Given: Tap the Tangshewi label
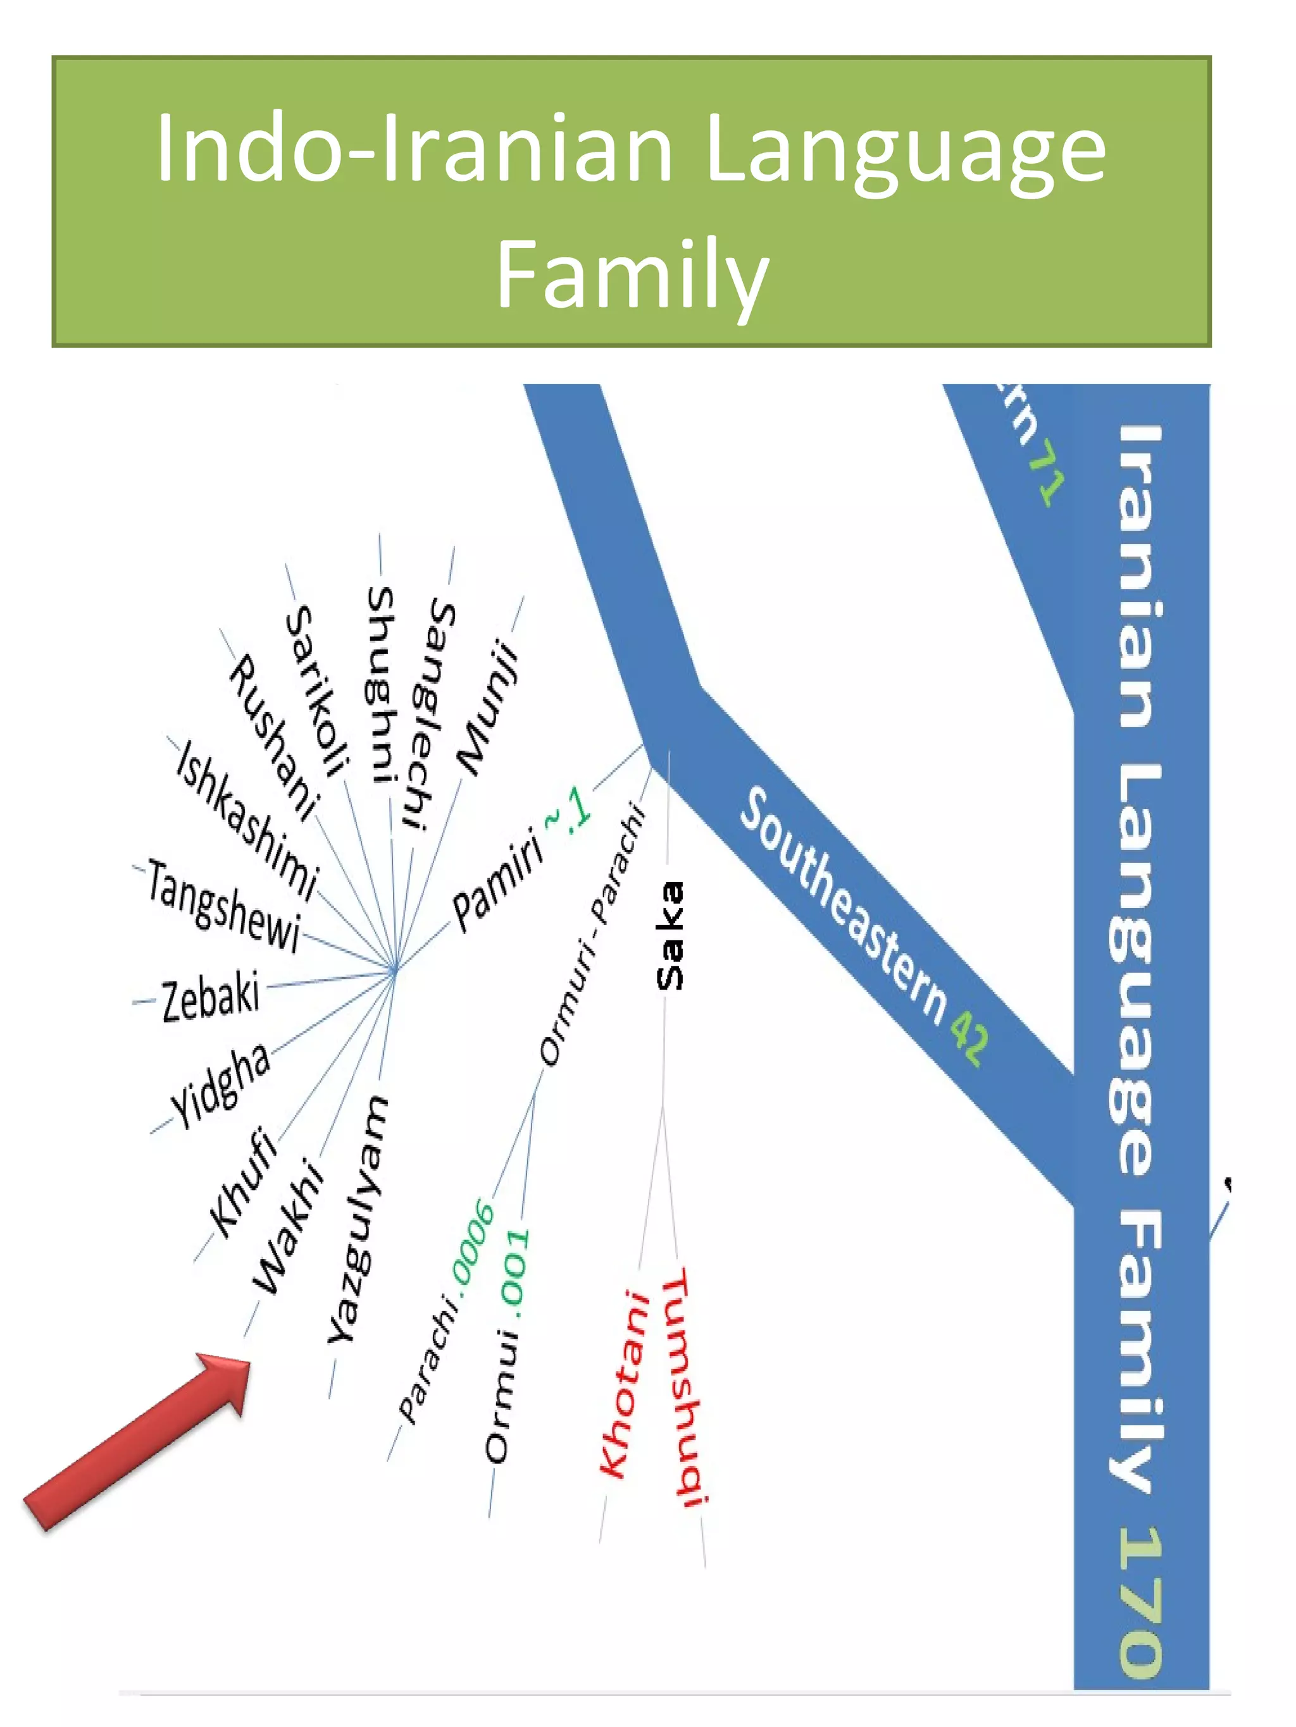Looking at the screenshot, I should pyautogui.click(x=223, y=906).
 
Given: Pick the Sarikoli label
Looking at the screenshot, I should pyautogui.click(x=316, y=691).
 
